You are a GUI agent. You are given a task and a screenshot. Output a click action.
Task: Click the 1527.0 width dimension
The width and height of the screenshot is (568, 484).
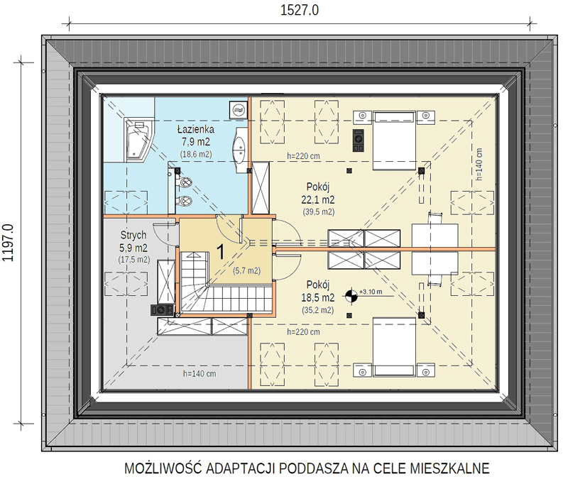click(300, 10)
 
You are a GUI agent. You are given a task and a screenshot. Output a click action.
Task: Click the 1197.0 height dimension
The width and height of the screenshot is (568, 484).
click(8, 243)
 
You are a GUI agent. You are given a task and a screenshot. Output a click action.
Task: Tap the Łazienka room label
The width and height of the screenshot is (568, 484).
click(196, 129)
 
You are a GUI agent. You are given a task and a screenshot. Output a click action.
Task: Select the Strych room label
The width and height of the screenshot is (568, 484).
click(133, 236)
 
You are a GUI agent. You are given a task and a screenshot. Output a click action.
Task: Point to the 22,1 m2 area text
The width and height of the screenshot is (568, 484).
click(317, 199)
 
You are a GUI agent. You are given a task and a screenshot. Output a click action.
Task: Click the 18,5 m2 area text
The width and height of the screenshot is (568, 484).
click(317, 297)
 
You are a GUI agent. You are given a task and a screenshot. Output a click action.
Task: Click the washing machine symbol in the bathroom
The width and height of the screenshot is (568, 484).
click(238, 109)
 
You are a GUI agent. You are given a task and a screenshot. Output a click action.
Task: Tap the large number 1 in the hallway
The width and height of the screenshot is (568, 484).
click(220, 251)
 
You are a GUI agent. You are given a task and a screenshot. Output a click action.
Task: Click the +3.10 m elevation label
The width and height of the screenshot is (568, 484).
click(371, 292)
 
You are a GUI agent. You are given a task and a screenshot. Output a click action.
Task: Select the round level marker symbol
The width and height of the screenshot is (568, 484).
click(351, 297)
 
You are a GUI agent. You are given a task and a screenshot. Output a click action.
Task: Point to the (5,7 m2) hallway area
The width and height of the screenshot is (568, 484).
click(246, 270)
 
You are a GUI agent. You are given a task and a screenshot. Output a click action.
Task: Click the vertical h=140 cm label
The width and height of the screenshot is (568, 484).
click(479, 165)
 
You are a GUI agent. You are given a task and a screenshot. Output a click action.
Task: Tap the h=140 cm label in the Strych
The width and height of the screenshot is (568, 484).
click(200, 373)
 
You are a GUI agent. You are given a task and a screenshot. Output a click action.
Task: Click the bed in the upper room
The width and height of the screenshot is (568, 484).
click(394, 141)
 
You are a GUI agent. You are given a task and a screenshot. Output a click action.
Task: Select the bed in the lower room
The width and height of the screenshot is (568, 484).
click(394, 347)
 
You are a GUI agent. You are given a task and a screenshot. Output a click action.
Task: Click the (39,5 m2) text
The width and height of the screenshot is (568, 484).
click(318, 211)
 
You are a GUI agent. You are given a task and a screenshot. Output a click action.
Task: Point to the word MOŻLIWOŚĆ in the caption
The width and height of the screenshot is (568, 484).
click(163, 468)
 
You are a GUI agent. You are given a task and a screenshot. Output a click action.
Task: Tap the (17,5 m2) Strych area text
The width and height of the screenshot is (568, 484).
click(133, 259)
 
